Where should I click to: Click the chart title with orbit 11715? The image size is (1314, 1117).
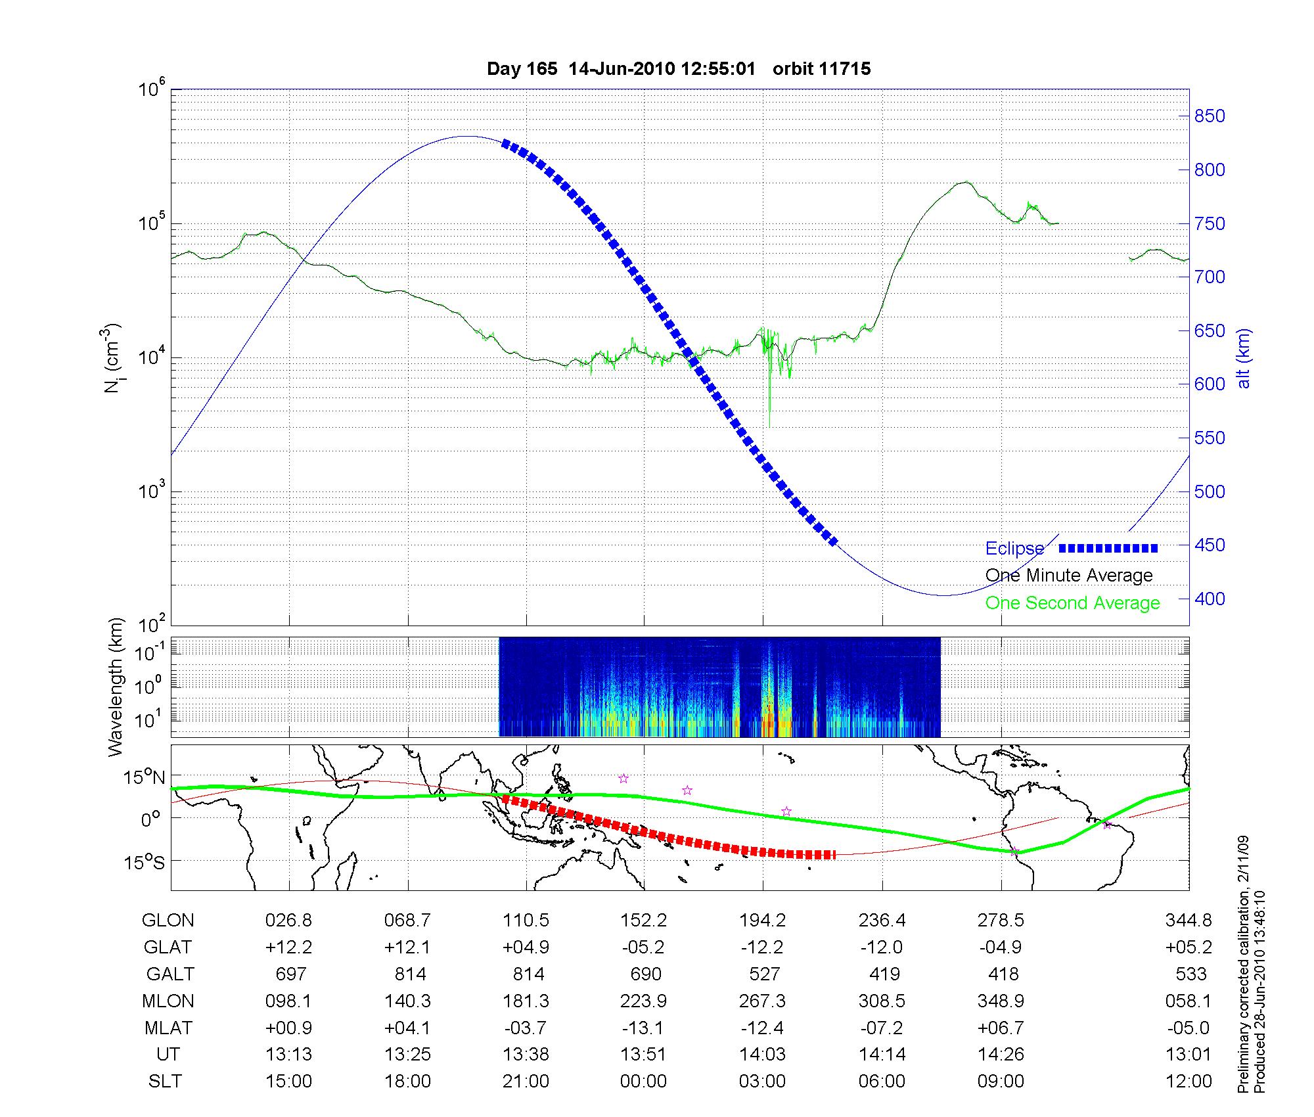coord(679,69)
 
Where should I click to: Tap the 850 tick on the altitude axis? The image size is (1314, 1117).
coord(1210,116)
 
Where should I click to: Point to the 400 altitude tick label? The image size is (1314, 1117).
coord(1210,599)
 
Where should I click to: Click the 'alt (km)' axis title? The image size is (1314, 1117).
coord(1244,358)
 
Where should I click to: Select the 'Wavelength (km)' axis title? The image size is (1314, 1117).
coord(116,687)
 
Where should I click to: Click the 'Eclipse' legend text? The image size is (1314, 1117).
coord(1014,549)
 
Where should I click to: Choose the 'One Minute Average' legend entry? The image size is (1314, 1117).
coord(1069,576)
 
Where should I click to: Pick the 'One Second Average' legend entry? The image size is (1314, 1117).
coord(1072,603)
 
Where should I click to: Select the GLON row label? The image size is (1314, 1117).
coord(168,921)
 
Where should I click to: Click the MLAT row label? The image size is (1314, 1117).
coord(168,1028)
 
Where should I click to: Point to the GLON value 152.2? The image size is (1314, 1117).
coord(644,921)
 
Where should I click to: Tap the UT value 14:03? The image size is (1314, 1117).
coord(763,1055)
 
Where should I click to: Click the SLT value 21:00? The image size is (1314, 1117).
coord(526,1082)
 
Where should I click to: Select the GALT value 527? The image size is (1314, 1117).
coord(764,974)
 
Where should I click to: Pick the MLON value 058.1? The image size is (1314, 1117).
coord(1188,1001)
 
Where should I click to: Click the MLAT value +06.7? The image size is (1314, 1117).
coord(1001,1028)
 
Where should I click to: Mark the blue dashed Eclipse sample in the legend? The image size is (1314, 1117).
coord(1108,548)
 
